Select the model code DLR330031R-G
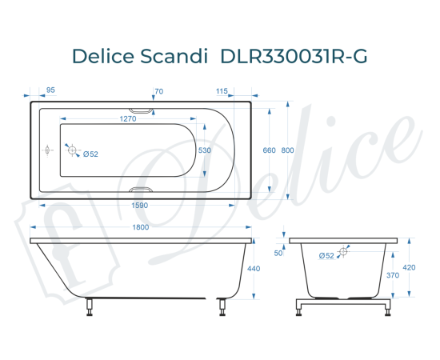[294, 55]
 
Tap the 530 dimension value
[205, 150]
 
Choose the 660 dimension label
[269, 150]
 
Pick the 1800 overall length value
[141, 227]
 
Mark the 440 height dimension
[255, 269]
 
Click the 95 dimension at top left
[50, 91]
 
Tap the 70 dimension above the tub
[158, 91]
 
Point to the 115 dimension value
[222, 91]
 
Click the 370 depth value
[392, 275]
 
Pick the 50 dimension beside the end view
[278, 253]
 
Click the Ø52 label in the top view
[90, 154]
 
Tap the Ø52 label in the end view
[326, 255]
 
